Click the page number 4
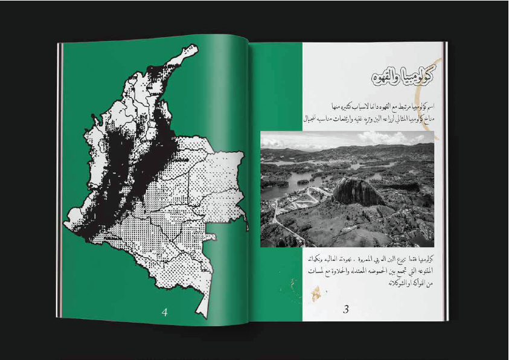[x=165, y=312]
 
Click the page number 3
[x=346, y=309]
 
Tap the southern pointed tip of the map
[x=207, y=313]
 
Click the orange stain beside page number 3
[x=315, y=294]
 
